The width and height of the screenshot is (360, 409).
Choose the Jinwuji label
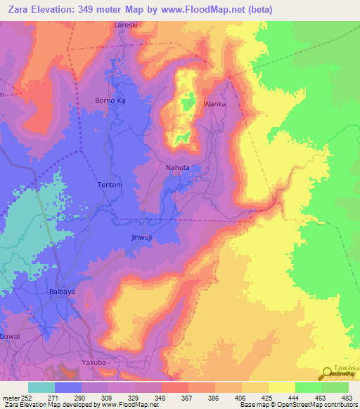click(x=142, y=237)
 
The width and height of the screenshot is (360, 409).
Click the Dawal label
click(x=11, y=337)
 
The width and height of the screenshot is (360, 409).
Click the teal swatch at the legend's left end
click(x=41, y=387)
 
